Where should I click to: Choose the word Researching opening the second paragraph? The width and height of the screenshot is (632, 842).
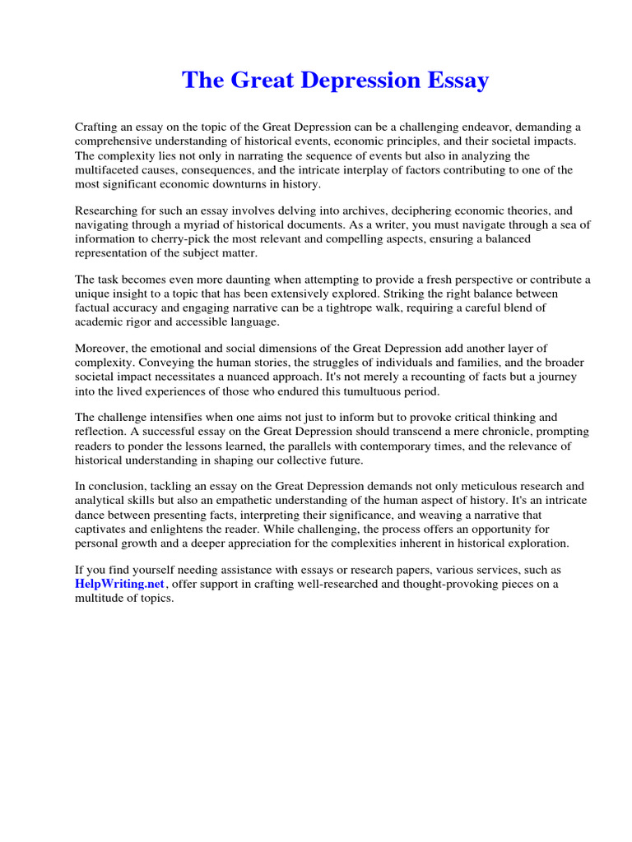pyautogui.click(x=108, y=210)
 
